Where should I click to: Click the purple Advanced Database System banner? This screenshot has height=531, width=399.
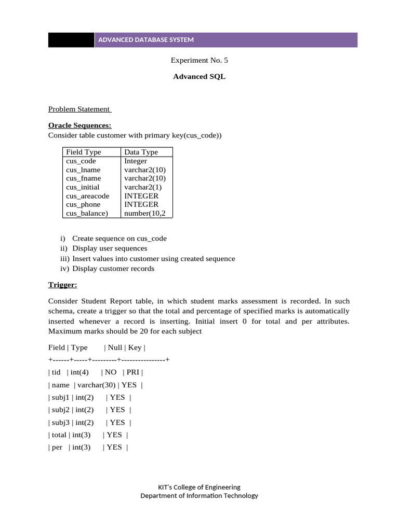pos(226,40)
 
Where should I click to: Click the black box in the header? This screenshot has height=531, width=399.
pos(71,40)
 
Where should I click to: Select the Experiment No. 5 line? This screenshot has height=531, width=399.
pos(199,60)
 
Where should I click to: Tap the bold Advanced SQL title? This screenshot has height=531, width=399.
pos(199,77)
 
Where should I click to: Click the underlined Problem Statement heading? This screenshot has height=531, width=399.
pos(79,109)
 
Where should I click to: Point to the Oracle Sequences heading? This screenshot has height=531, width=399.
pos(79,125)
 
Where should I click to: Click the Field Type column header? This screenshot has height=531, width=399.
pos(84,152)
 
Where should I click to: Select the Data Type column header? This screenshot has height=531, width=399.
pos(141,152)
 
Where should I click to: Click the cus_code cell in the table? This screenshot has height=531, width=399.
pos(81,161)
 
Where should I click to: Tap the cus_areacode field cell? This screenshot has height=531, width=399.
pos(88,196)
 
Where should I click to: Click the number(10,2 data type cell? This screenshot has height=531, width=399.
pos(146,213)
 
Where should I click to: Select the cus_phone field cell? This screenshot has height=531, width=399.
pos(83,204)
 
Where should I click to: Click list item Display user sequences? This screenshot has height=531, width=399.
pos(110,248)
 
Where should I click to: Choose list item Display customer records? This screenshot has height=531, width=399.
pos(113,269)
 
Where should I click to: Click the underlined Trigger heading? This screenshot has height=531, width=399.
pos(63,285)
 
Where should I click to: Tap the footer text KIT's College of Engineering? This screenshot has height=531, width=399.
pos(199,487)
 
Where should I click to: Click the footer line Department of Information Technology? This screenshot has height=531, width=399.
pos(199,496)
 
